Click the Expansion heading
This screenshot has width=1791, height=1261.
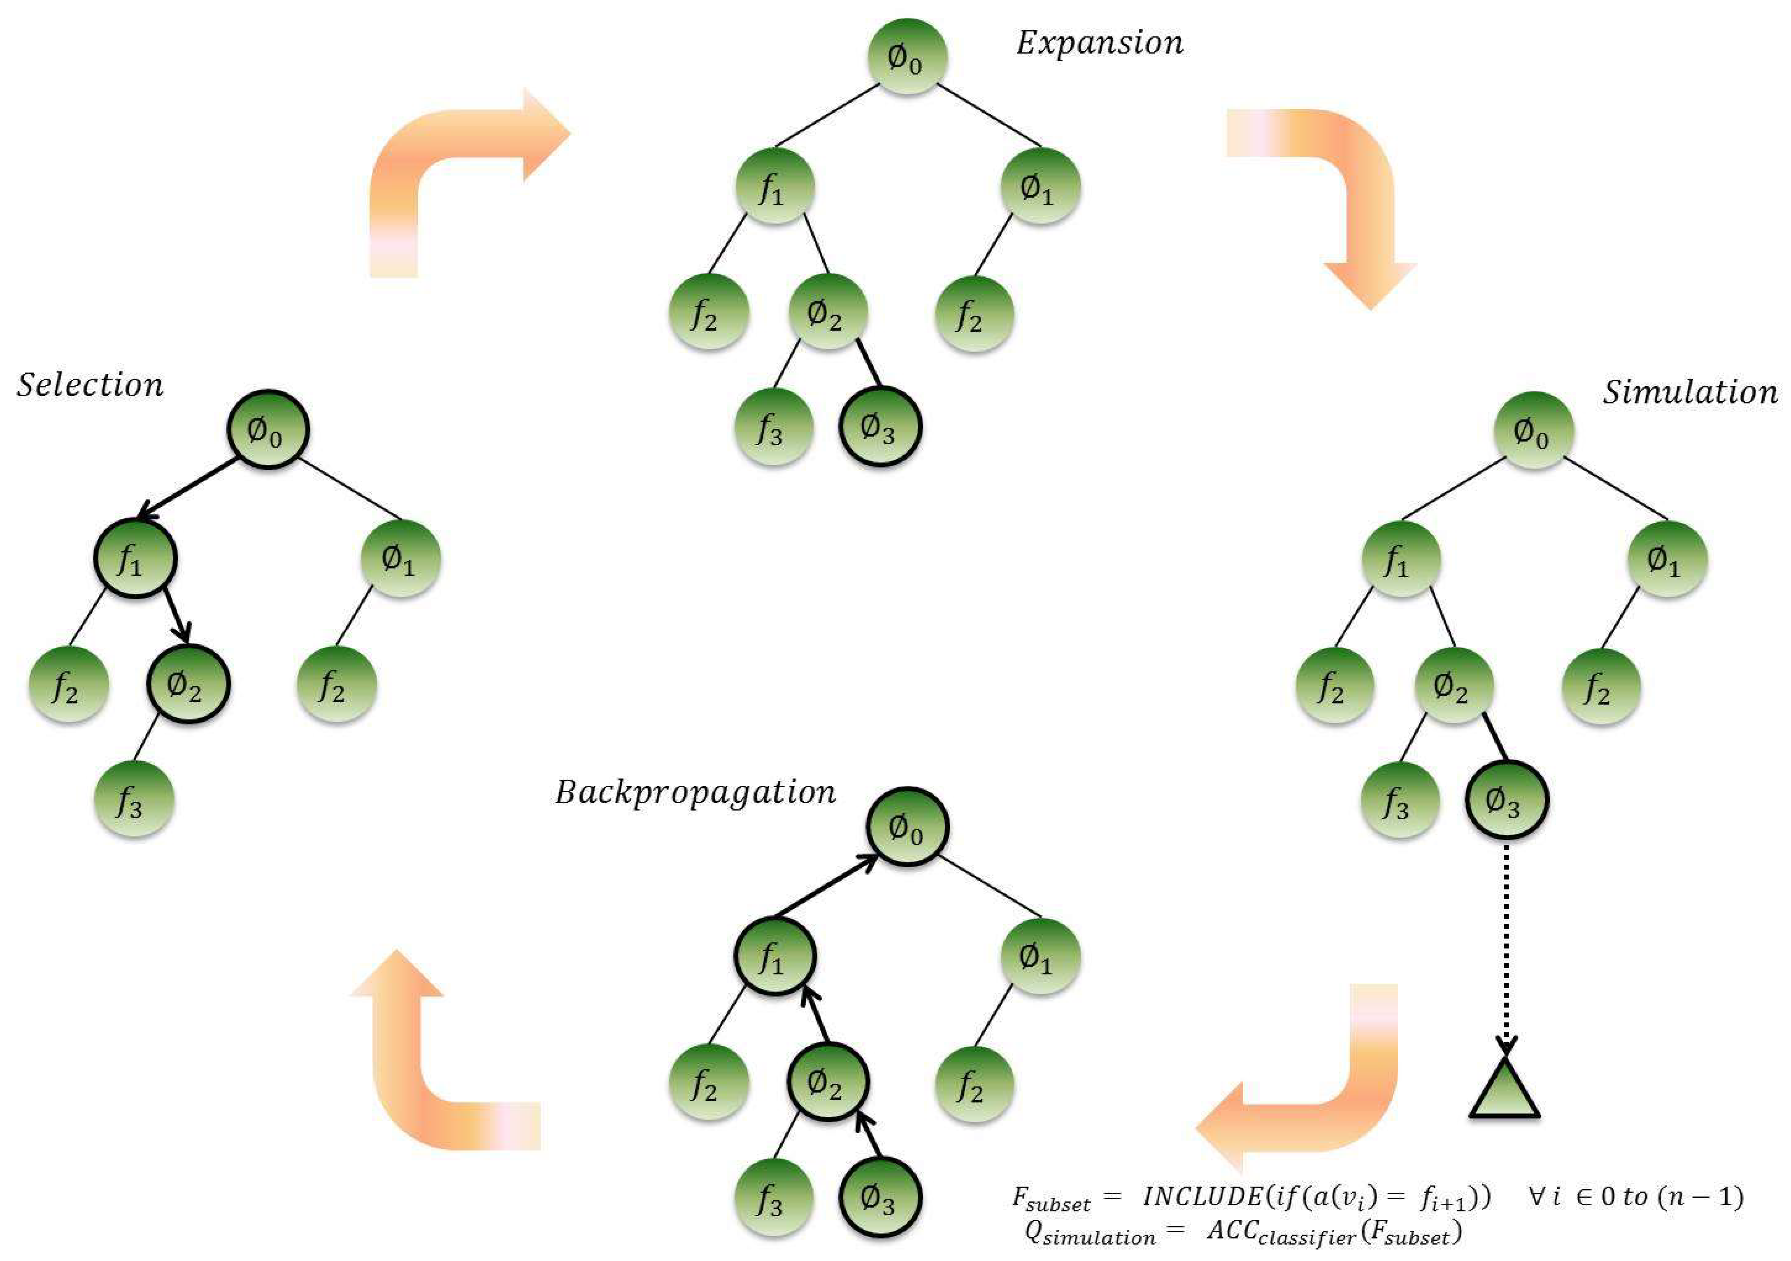coord(1099,43)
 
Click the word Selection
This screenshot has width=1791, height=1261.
coord(90,385)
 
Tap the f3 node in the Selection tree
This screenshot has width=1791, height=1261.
coord(133,799)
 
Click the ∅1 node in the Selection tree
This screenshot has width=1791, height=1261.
coord(400,559)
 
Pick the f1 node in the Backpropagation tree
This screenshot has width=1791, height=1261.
coord(774,957)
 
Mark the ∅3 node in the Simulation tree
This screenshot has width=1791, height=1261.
coord(1506,800)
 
